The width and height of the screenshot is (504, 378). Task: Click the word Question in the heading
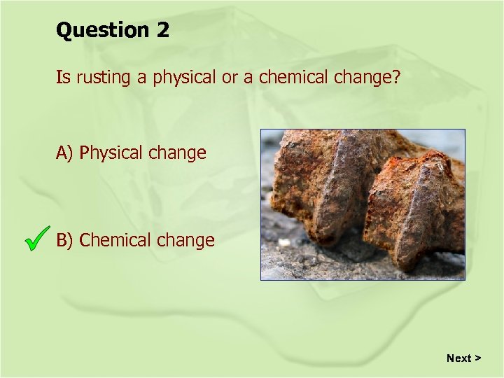click(x=102, y=31)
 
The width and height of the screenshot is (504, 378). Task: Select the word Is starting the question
click(x=63, y=77)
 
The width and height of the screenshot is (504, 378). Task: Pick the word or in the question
click(x=230, y=78)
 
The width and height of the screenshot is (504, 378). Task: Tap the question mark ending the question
click(x=396, y=78)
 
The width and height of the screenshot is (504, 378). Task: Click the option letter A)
click(x=66, y=153)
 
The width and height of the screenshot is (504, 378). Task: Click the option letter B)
click(x=66, y=240)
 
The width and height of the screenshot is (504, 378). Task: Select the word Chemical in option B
click(x=115, y=240)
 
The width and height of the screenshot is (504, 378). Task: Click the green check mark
click(x=36, y=238)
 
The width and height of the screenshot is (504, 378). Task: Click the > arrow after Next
click(x=478, y=358)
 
